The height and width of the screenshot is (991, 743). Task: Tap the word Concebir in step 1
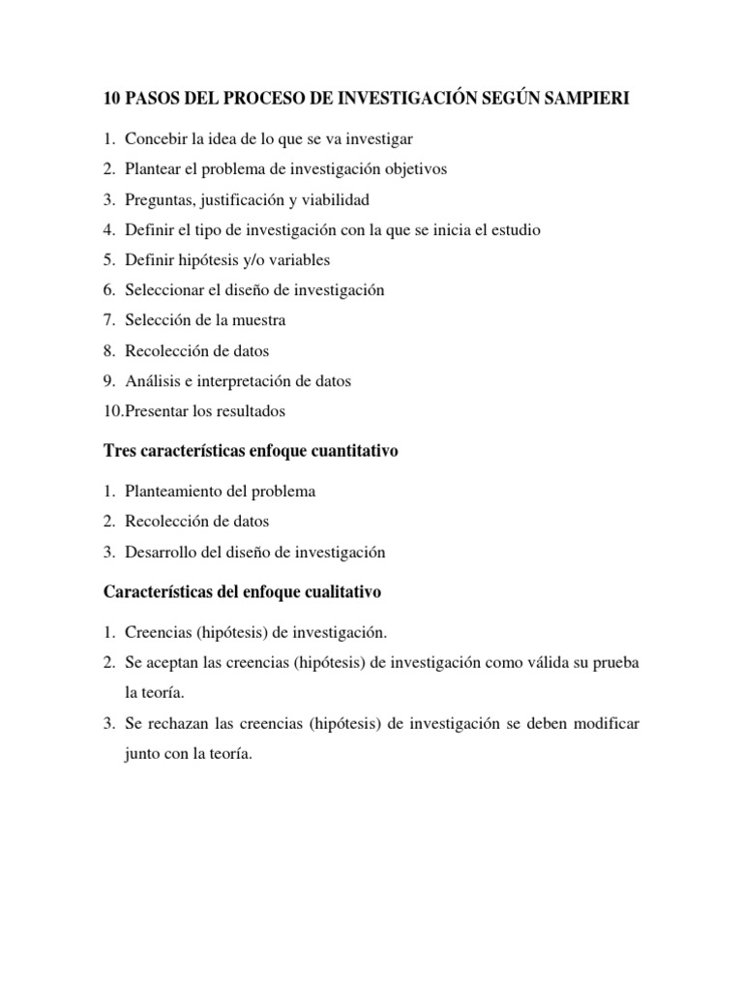coord(154,139)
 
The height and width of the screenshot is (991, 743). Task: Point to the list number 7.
coord(109,320)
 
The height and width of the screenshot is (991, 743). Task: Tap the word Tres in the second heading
coord(118,452)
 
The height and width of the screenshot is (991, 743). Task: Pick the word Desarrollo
coord(161,553)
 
